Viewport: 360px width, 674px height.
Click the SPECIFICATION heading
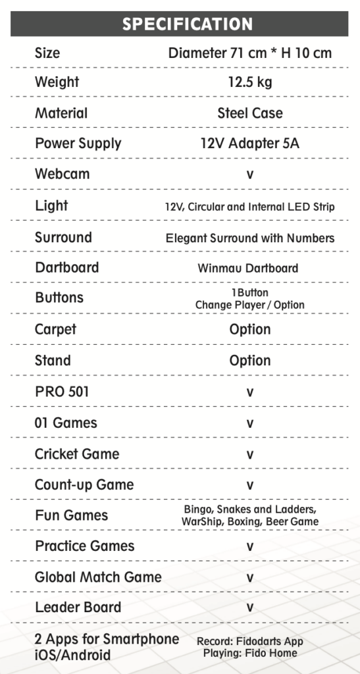(x=188, y=24)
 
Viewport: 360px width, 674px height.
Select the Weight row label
(x=57, y=82)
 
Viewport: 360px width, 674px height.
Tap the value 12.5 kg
(x=250, y=82)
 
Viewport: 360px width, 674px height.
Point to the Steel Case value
(x=250, y=113)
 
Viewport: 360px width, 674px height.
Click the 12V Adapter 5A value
(x=250, y=143)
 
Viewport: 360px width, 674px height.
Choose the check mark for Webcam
(x=249, y=175)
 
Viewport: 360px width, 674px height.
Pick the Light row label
(x=51, y=205)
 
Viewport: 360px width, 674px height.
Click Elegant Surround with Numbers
(x=250, y=238)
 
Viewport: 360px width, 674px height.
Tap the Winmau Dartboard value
(x=248, y=269)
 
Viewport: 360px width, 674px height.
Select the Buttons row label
(x=59, y=298)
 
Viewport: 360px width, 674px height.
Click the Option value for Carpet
(x=250, y=330)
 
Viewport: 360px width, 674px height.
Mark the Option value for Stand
(x=250, y=361)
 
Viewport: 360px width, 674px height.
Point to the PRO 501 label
(x=62, y=392)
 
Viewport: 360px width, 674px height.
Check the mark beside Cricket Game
(x=249, y=455)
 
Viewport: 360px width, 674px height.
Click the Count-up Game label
(x=84, y=485)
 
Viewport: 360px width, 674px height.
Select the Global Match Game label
(x=98, y=577)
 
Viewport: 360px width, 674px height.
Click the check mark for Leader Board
(x=249, y=608)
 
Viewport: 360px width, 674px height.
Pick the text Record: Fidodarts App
(x=250, y=642)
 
